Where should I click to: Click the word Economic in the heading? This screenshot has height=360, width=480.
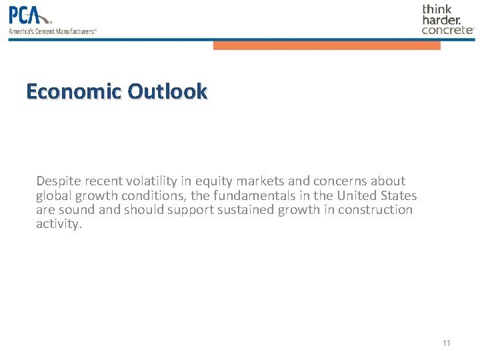click(x=74, y=91)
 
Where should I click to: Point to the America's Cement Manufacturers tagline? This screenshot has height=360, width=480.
click(x=53, y=31)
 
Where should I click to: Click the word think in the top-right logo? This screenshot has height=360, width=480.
click(x=437, y=9)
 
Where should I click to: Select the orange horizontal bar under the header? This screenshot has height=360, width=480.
click(x=327, y=45)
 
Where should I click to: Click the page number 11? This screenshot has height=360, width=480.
click(x=446, y=343)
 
